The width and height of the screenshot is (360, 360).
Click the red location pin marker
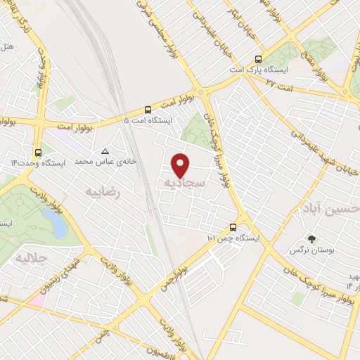coord(181,165)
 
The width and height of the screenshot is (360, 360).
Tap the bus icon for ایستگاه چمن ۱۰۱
coord(233,227)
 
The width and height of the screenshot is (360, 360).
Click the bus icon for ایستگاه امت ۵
coord(148,110)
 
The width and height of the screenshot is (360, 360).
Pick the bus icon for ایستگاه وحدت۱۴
coord(37,152)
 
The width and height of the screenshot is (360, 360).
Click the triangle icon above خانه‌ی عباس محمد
coord(105,151)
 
